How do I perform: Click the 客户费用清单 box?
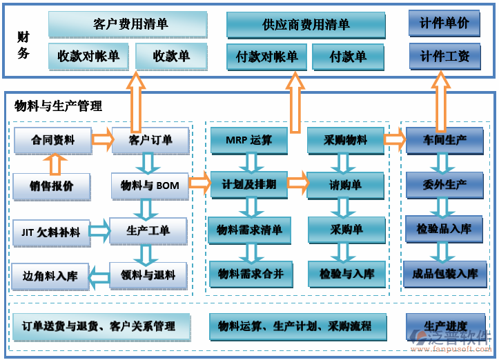coord(128,24)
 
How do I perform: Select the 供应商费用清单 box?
coord(306,25)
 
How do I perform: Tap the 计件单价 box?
coord(444,23)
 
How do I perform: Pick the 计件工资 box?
coord(444,56)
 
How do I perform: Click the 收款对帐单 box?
coord(88,56)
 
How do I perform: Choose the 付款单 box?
coord(349,57)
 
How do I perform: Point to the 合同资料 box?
coord(52,140)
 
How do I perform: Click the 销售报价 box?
coord(52,186)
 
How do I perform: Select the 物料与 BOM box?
coord(150,186)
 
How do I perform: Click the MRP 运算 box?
coord(248,140)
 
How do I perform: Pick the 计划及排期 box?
coord(248,185)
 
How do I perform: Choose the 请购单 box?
coord(345,185)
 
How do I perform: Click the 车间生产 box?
coord(444,140)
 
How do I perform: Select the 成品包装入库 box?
coord(444,274)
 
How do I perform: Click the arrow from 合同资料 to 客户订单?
coord(103,140)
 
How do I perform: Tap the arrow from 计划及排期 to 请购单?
coord(297,183)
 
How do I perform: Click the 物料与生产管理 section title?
coord(58,106)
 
